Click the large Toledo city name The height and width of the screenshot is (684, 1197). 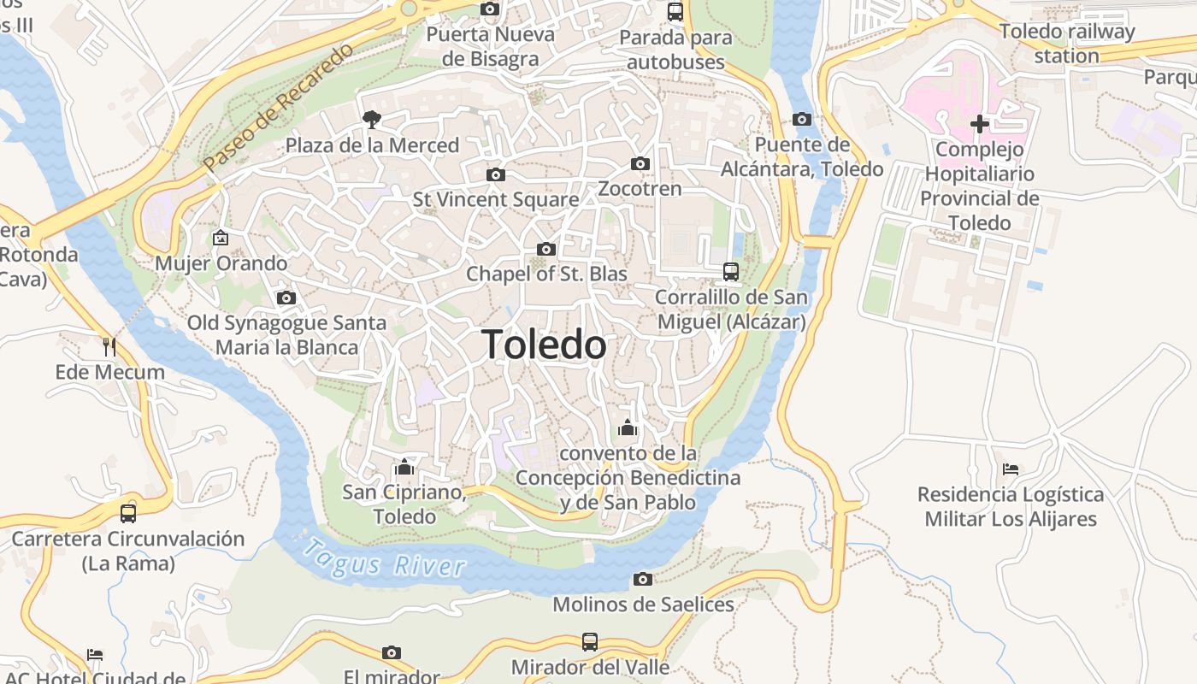[545, 345]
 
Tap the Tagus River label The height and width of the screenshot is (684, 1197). [385, 558]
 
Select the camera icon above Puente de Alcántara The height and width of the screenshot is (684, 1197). [802, 119]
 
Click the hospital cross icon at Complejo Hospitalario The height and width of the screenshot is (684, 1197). [980, 124]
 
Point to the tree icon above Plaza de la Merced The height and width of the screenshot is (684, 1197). [372, 119]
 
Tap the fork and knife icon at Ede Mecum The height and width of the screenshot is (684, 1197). [109, 346]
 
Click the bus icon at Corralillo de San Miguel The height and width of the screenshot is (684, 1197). [731, 272]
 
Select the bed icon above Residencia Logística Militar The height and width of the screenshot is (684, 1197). [1011, 469]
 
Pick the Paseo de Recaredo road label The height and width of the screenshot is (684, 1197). [279, 106]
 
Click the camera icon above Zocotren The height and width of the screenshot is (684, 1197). [640, 163]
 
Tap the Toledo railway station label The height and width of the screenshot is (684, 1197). [1067, 44]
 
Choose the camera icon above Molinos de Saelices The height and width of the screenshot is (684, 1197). [643, 579]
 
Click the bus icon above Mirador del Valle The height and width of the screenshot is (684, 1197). [590, 641]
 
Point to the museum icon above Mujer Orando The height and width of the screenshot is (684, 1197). [221, 237]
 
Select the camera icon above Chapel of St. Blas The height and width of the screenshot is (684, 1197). [546, 249]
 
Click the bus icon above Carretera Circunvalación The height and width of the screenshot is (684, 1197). [128, 513]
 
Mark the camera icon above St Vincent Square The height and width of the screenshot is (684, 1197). [495, 174]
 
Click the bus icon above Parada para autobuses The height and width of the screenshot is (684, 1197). [675, 12]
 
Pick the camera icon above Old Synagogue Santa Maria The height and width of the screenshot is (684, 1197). [286, 298]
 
